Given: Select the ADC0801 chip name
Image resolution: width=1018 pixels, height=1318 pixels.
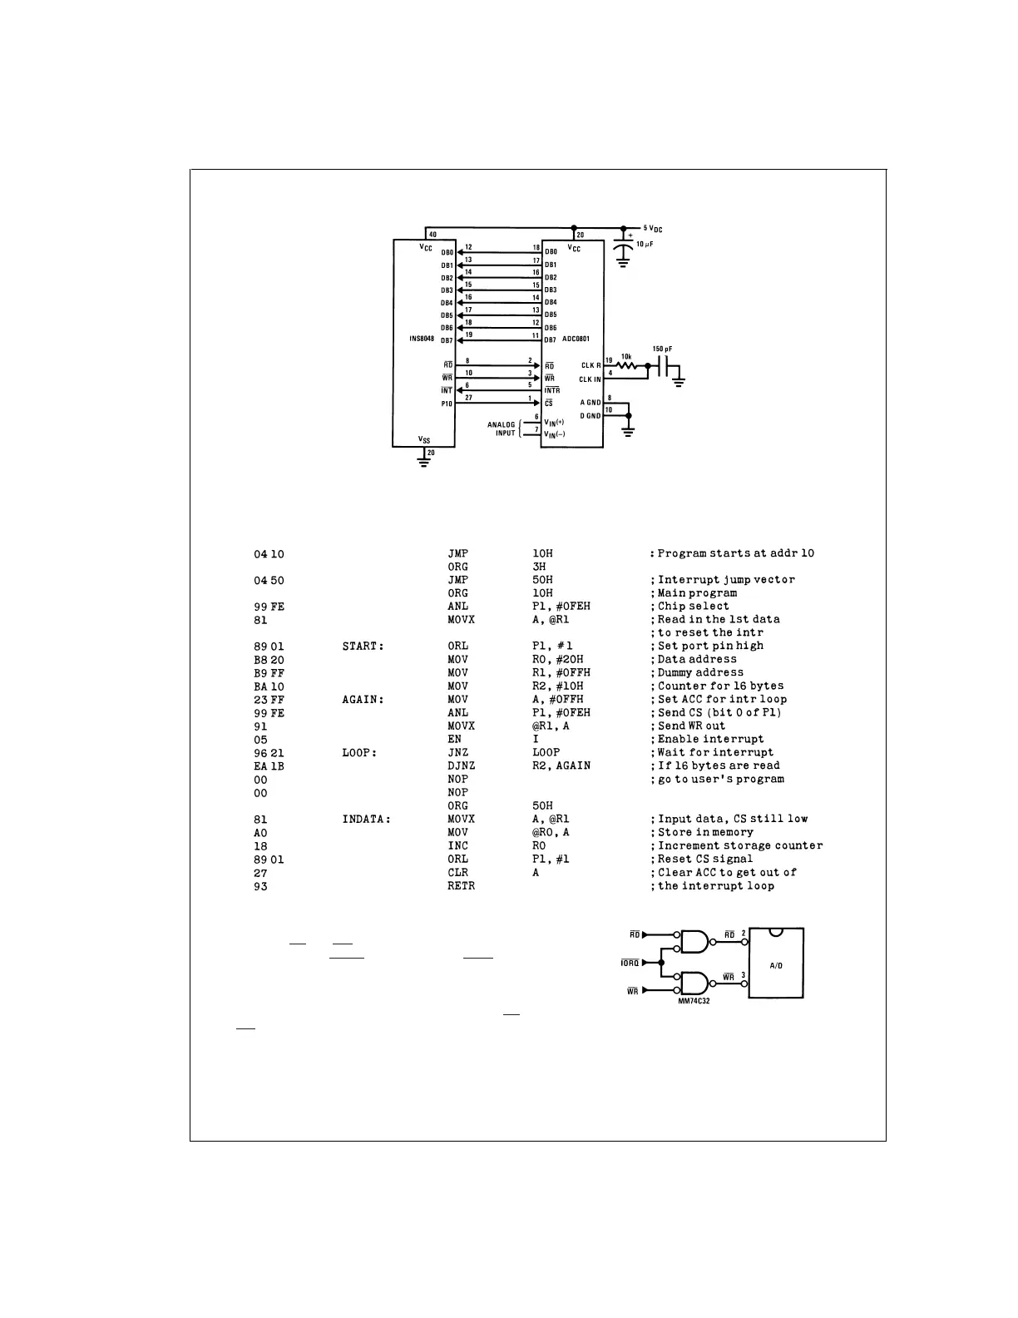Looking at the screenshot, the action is pos(576,339).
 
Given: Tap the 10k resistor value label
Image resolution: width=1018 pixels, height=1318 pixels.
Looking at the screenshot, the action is pos(626,356).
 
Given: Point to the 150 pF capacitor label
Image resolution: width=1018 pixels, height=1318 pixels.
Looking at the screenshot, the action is pos(663,349).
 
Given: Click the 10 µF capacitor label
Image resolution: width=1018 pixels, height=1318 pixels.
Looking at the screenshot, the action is pos(645,244).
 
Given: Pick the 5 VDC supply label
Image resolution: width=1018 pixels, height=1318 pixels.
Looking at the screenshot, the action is pos(653,228).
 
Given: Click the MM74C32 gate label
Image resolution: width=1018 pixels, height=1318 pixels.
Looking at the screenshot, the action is pos(694,1001).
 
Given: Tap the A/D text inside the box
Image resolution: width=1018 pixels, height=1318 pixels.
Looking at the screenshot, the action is pos(776,966).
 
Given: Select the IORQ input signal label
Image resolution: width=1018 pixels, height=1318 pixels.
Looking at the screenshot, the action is pos(630,964).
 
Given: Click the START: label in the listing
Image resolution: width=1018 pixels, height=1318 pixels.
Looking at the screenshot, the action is pos(363,646).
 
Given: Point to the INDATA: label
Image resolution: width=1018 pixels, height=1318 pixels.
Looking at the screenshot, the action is pos(367,819).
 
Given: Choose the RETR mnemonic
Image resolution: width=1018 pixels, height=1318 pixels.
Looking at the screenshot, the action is pos(461,885).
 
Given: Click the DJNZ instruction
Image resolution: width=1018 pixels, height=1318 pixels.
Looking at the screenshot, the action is pos(461,766).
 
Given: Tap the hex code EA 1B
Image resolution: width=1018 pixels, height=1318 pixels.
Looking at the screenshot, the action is pos(269,766).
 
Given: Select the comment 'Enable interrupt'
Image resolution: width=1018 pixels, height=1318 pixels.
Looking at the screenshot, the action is pos(710,739).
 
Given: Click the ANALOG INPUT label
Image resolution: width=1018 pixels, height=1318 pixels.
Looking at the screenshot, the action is pos(502,429).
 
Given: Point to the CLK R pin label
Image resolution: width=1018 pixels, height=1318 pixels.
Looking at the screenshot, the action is pos(591,366).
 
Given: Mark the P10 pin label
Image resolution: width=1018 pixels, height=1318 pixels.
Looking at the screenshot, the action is pos(447,404).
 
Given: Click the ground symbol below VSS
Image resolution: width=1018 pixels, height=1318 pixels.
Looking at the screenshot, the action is pos(424,462).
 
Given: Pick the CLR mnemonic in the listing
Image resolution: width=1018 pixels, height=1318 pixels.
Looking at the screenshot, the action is pos(457,872).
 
